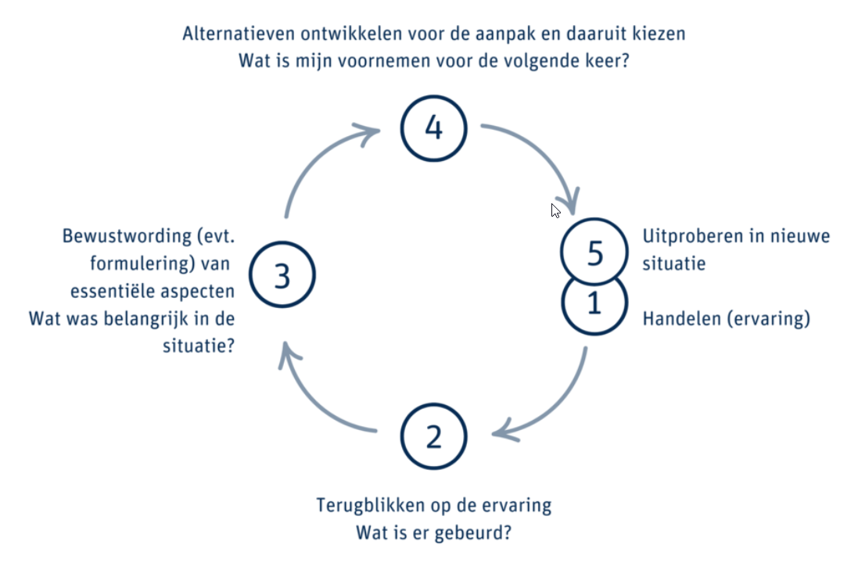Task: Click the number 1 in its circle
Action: click(x=594, y=303)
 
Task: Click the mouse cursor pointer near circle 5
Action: click(x=555, y=210)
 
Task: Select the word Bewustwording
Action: click(x=127, y=236)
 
